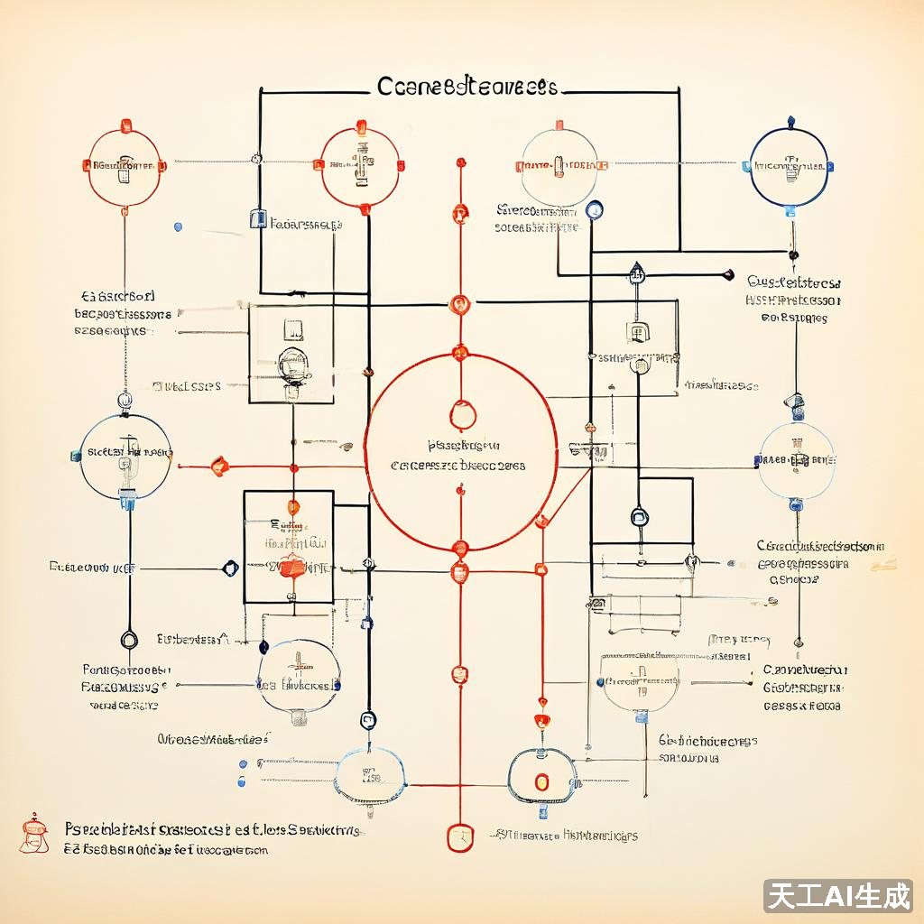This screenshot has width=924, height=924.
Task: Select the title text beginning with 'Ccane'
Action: click(x=466, y=88)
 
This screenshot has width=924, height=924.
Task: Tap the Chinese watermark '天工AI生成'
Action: click(x=838, y=896)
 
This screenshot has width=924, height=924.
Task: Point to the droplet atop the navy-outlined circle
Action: click(x=791, y=120)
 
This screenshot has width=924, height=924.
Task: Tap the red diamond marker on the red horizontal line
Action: click(x=218, y=466)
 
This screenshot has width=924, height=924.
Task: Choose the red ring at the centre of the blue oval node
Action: click(x=541, y=782)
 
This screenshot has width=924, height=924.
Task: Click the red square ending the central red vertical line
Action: click(x=459, y=836)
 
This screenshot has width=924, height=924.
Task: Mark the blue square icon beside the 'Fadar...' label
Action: click(x=257, y=219)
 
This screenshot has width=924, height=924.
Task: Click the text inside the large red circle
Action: click(x=459, y=457)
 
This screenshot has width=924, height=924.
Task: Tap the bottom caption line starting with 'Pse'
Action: click(x=213, y=829)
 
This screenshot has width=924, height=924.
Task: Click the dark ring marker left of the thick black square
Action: click(x=229, y=568)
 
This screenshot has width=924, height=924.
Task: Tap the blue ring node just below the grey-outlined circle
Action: click(x=594, y=210)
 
